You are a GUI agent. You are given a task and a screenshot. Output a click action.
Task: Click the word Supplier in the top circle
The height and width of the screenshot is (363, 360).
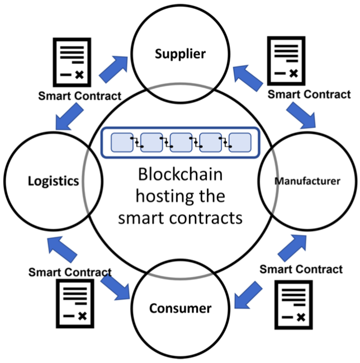[180, 54]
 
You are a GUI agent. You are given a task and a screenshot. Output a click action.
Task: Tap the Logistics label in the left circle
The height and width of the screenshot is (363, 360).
[54, 181]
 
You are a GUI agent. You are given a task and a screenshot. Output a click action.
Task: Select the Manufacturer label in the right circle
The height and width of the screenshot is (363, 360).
[307, 181]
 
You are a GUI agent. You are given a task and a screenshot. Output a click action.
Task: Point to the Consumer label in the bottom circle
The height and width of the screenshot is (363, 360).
[180, 308]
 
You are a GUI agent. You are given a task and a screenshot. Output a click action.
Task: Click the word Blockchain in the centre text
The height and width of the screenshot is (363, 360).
[180, 175]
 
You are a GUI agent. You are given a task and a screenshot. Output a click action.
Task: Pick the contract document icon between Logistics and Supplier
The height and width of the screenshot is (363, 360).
[72, 62]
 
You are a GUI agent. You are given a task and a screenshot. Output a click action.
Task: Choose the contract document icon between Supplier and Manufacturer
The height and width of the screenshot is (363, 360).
[286, 61]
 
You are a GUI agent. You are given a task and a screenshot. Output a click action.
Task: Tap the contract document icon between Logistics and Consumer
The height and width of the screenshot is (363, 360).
[75, 304]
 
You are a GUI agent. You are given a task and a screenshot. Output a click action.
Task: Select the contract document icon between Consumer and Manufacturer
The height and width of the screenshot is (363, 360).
[293, 305]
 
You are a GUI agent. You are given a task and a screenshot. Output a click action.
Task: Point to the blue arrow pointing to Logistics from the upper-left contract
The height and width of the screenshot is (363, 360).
[69, 117]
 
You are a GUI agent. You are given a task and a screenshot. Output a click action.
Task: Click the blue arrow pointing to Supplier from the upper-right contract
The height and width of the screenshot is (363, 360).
[248, 78]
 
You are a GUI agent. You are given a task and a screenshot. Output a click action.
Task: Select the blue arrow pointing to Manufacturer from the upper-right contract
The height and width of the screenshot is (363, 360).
[301, 115]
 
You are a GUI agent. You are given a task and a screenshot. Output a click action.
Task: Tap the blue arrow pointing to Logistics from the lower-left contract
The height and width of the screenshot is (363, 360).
[62, 249]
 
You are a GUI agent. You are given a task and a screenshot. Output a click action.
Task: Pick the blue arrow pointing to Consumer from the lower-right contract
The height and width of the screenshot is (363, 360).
[248, 295]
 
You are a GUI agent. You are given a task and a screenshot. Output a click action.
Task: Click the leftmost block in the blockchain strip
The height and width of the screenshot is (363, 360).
[122, 143]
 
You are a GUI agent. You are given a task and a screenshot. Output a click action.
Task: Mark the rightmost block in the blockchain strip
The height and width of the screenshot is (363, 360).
[240, 143]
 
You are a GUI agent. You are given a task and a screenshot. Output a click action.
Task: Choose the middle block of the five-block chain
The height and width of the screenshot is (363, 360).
[181, 143]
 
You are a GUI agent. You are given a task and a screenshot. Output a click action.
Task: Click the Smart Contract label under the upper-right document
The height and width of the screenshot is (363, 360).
[309, 95]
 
